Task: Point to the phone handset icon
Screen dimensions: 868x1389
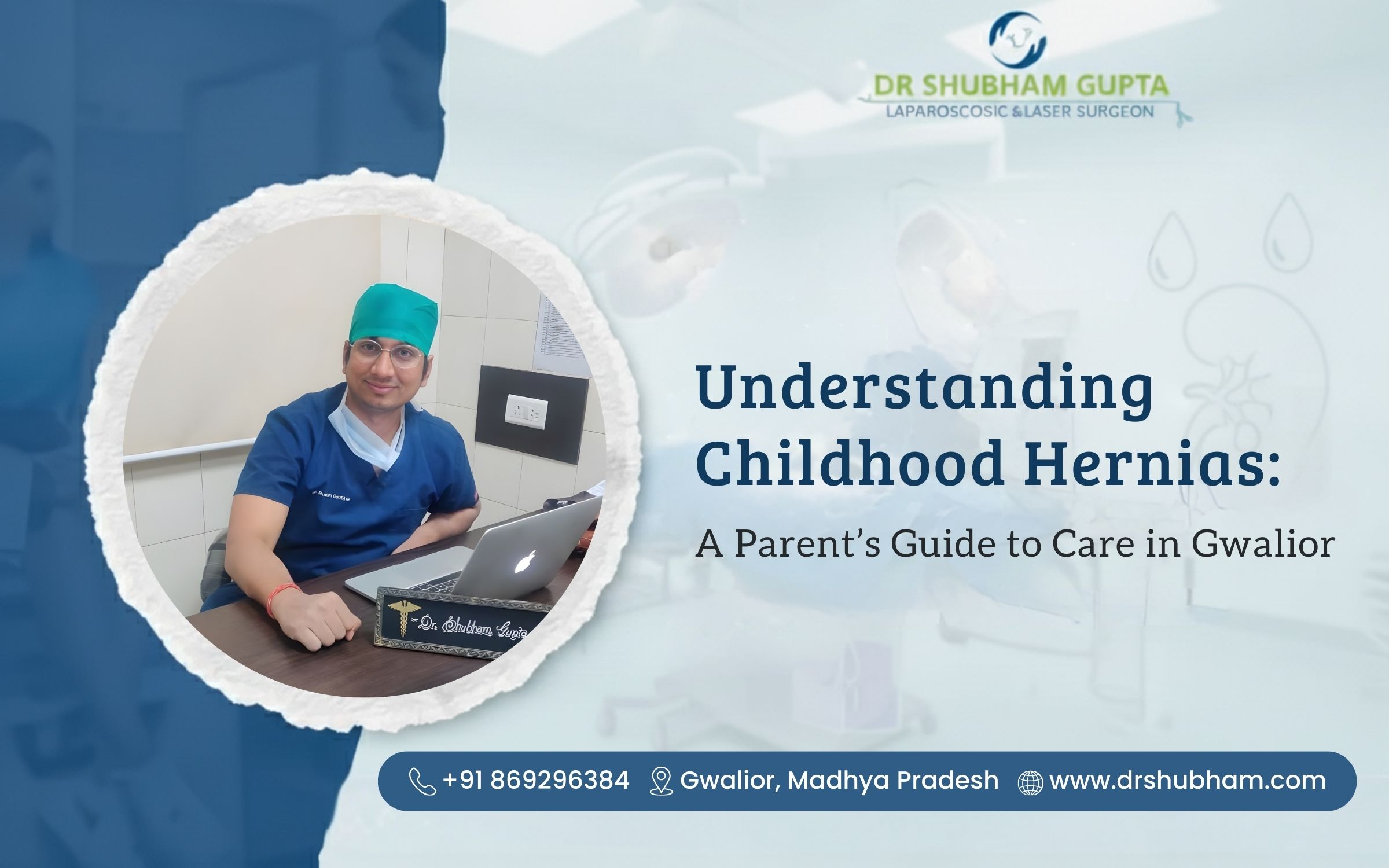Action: coord(422,781)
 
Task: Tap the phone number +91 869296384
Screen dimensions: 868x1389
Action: coord(536,781)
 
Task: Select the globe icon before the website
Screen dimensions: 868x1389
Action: coord(1030,782)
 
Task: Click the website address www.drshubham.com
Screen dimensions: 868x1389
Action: coord(1188,781)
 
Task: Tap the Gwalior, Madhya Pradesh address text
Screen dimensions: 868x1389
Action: coord(839,781)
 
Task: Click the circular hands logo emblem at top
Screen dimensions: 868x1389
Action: coord(1019,39)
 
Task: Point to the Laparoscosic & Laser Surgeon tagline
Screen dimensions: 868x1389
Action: coord(1019,111)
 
